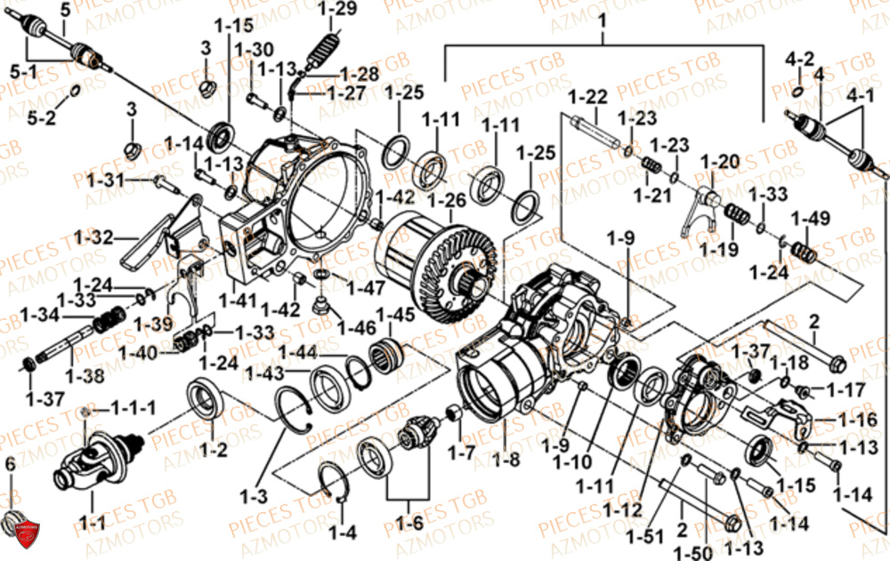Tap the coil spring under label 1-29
coord(322,49)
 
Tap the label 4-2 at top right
coord(799,60)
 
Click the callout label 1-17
coord(845,389)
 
